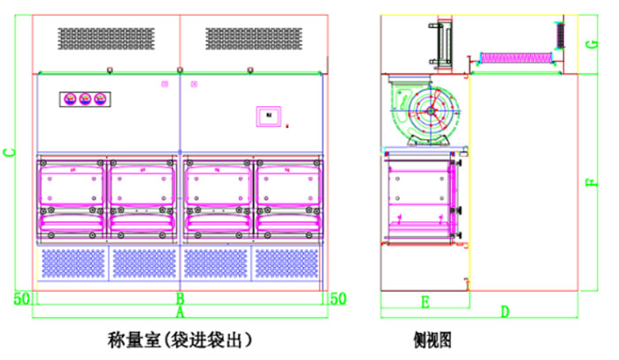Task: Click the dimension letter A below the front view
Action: (180, 311)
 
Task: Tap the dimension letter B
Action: (180, 298)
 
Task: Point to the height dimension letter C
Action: (10, 152)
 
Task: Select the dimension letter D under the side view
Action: (505, 310)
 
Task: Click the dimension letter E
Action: (424, 303)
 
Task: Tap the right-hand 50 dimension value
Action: (337, 298)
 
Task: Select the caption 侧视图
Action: (432, 339)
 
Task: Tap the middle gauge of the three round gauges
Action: (85, 99)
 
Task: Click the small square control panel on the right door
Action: (268, 115)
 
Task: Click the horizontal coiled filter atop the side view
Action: (515, 57)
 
